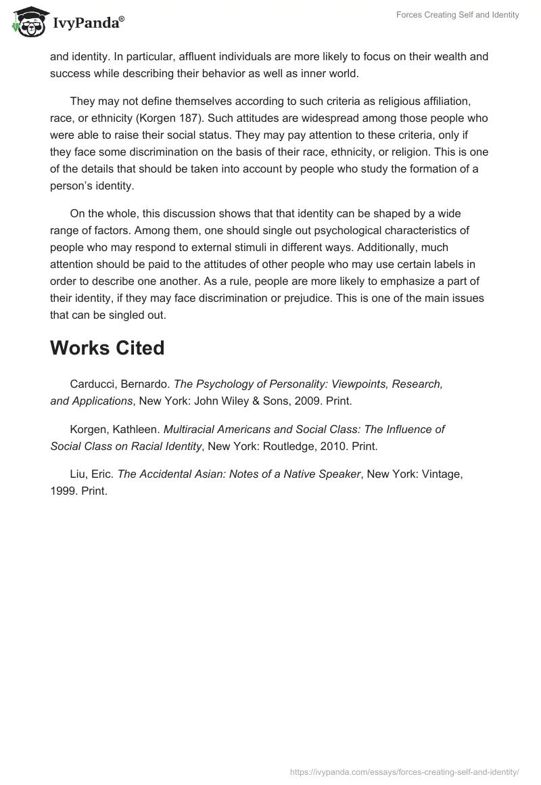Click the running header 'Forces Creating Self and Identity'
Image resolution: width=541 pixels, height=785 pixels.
click(457, 15)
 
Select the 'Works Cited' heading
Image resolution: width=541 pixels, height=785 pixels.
click(107, 348)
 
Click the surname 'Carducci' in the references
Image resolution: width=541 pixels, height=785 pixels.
click(93, 384)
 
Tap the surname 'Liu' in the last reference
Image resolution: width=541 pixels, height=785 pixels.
click(78, 474)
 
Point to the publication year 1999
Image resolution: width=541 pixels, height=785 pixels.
click(63, 491)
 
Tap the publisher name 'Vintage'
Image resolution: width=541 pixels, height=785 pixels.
click(441, 474)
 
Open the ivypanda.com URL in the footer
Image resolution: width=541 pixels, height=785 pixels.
click(404, 771)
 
